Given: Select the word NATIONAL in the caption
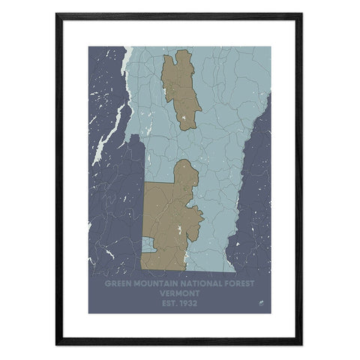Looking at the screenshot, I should tap(197, 285).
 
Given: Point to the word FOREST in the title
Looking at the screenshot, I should tap(238, 285).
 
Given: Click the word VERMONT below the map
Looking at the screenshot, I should tap(180, 294).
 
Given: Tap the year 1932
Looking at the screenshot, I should tap(190, 303).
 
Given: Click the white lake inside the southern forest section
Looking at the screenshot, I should tap(182, 227).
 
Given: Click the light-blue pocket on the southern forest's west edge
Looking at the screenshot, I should tap(145, 247).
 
